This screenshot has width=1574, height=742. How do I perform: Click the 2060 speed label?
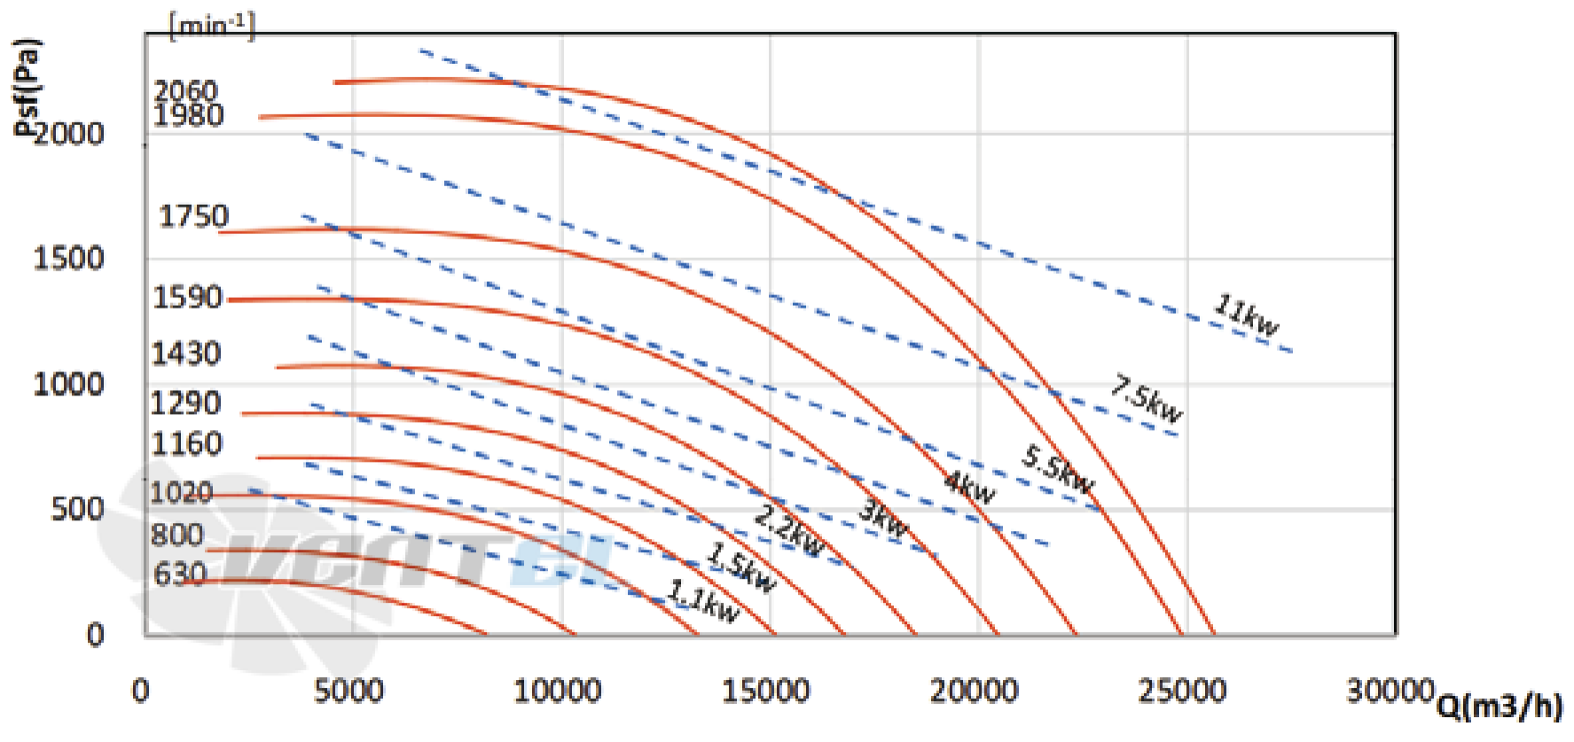(x=185, y=90)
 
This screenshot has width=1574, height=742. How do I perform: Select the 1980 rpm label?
(x=189, y=115)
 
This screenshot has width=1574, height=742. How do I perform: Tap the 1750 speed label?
(x=193, y=215)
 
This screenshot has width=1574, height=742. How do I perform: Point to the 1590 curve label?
(x=187, y=297)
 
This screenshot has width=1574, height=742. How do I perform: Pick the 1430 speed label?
(x=186, y=354)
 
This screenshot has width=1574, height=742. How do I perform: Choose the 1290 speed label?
(x=185, y=403)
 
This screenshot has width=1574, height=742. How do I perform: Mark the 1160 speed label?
(x=186, y=443)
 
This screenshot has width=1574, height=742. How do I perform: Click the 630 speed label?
(x=180, y=574)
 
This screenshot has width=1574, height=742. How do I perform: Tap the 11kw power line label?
(x=1246, y=316)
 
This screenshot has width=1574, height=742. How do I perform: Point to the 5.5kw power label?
(x=1058, y=470)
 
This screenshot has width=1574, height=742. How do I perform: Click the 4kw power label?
(x=969, y=487)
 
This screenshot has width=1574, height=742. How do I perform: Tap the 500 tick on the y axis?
(x=78, y=509)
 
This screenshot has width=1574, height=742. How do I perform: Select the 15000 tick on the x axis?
(x=766, y=691)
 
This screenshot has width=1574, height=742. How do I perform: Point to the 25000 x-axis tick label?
(x=1183, y=691)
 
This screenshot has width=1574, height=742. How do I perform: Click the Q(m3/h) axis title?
(x=1500, y=706)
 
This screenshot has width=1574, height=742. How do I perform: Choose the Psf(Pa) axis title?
(x=27, y=86)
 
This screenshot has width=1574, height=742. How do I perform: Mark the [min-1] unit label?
(x=212, y=26)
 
